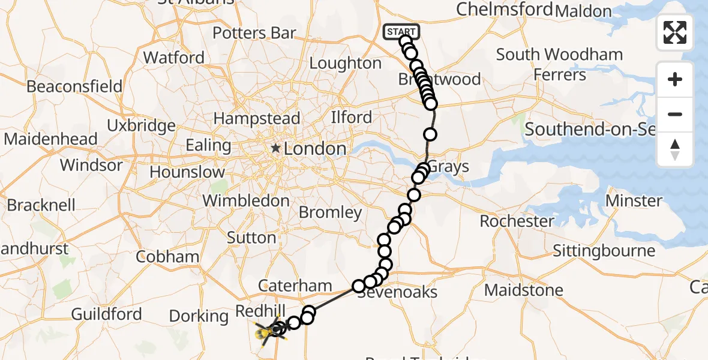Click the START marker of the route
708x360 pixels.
(401, 31)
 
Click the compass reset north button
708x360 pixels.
(675, 149)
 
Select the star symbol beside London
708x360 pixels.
(275, 148)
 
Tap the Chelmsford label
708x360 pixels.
(504, 9)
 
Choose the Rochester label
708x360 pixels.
(517, 221)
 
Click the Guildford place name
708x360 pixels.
(106, 314)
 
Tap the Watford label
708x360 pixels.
(174, 58)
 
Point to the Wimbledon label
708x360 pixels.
(247, 200)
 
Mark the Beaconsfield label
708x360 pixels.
(74, 86)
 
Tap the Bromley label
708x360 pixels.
(330, 212)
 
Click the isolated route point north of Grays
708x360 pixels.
(430, 134)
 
